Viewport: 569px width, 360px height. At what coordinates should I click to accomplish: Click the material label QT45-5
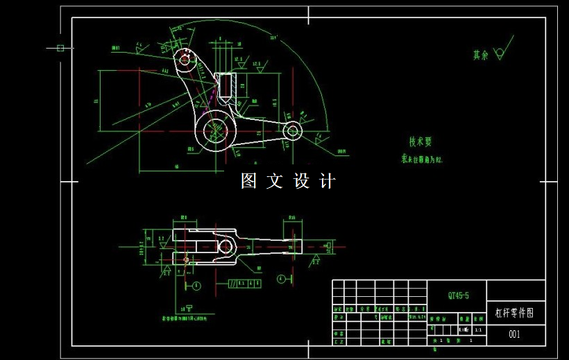pos(458,295)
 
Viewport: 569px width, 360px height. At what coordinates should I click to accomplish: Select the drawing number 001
pos(514,334)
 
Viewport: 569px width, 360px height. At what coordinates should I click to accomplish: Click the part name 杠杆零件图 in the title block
pos(514,313)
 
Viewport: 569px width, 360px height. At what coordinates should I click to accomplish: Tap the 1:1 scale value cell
pos(479,331)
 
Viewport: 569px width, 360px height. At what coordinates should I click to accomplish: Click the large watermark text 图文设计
pos(288,181)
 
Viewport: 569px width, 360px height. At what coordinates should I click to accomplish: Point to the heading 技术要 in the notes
pos(420,142)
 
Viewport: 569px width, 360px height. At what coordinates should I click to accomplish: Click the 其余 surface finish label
pos(480,55)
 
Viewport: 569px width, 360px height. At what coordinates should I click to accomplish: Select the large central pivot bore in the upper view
pos(216,130)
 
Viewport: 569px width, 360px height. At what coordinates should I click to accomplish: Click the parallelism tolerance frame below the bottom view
pos(244,283)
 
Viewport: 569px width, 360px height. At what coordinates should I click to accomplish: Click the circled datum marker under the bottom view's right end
pos(281,279)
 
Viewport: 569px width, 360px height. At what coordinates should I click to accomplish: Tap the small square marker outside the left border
pos(60,48)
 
